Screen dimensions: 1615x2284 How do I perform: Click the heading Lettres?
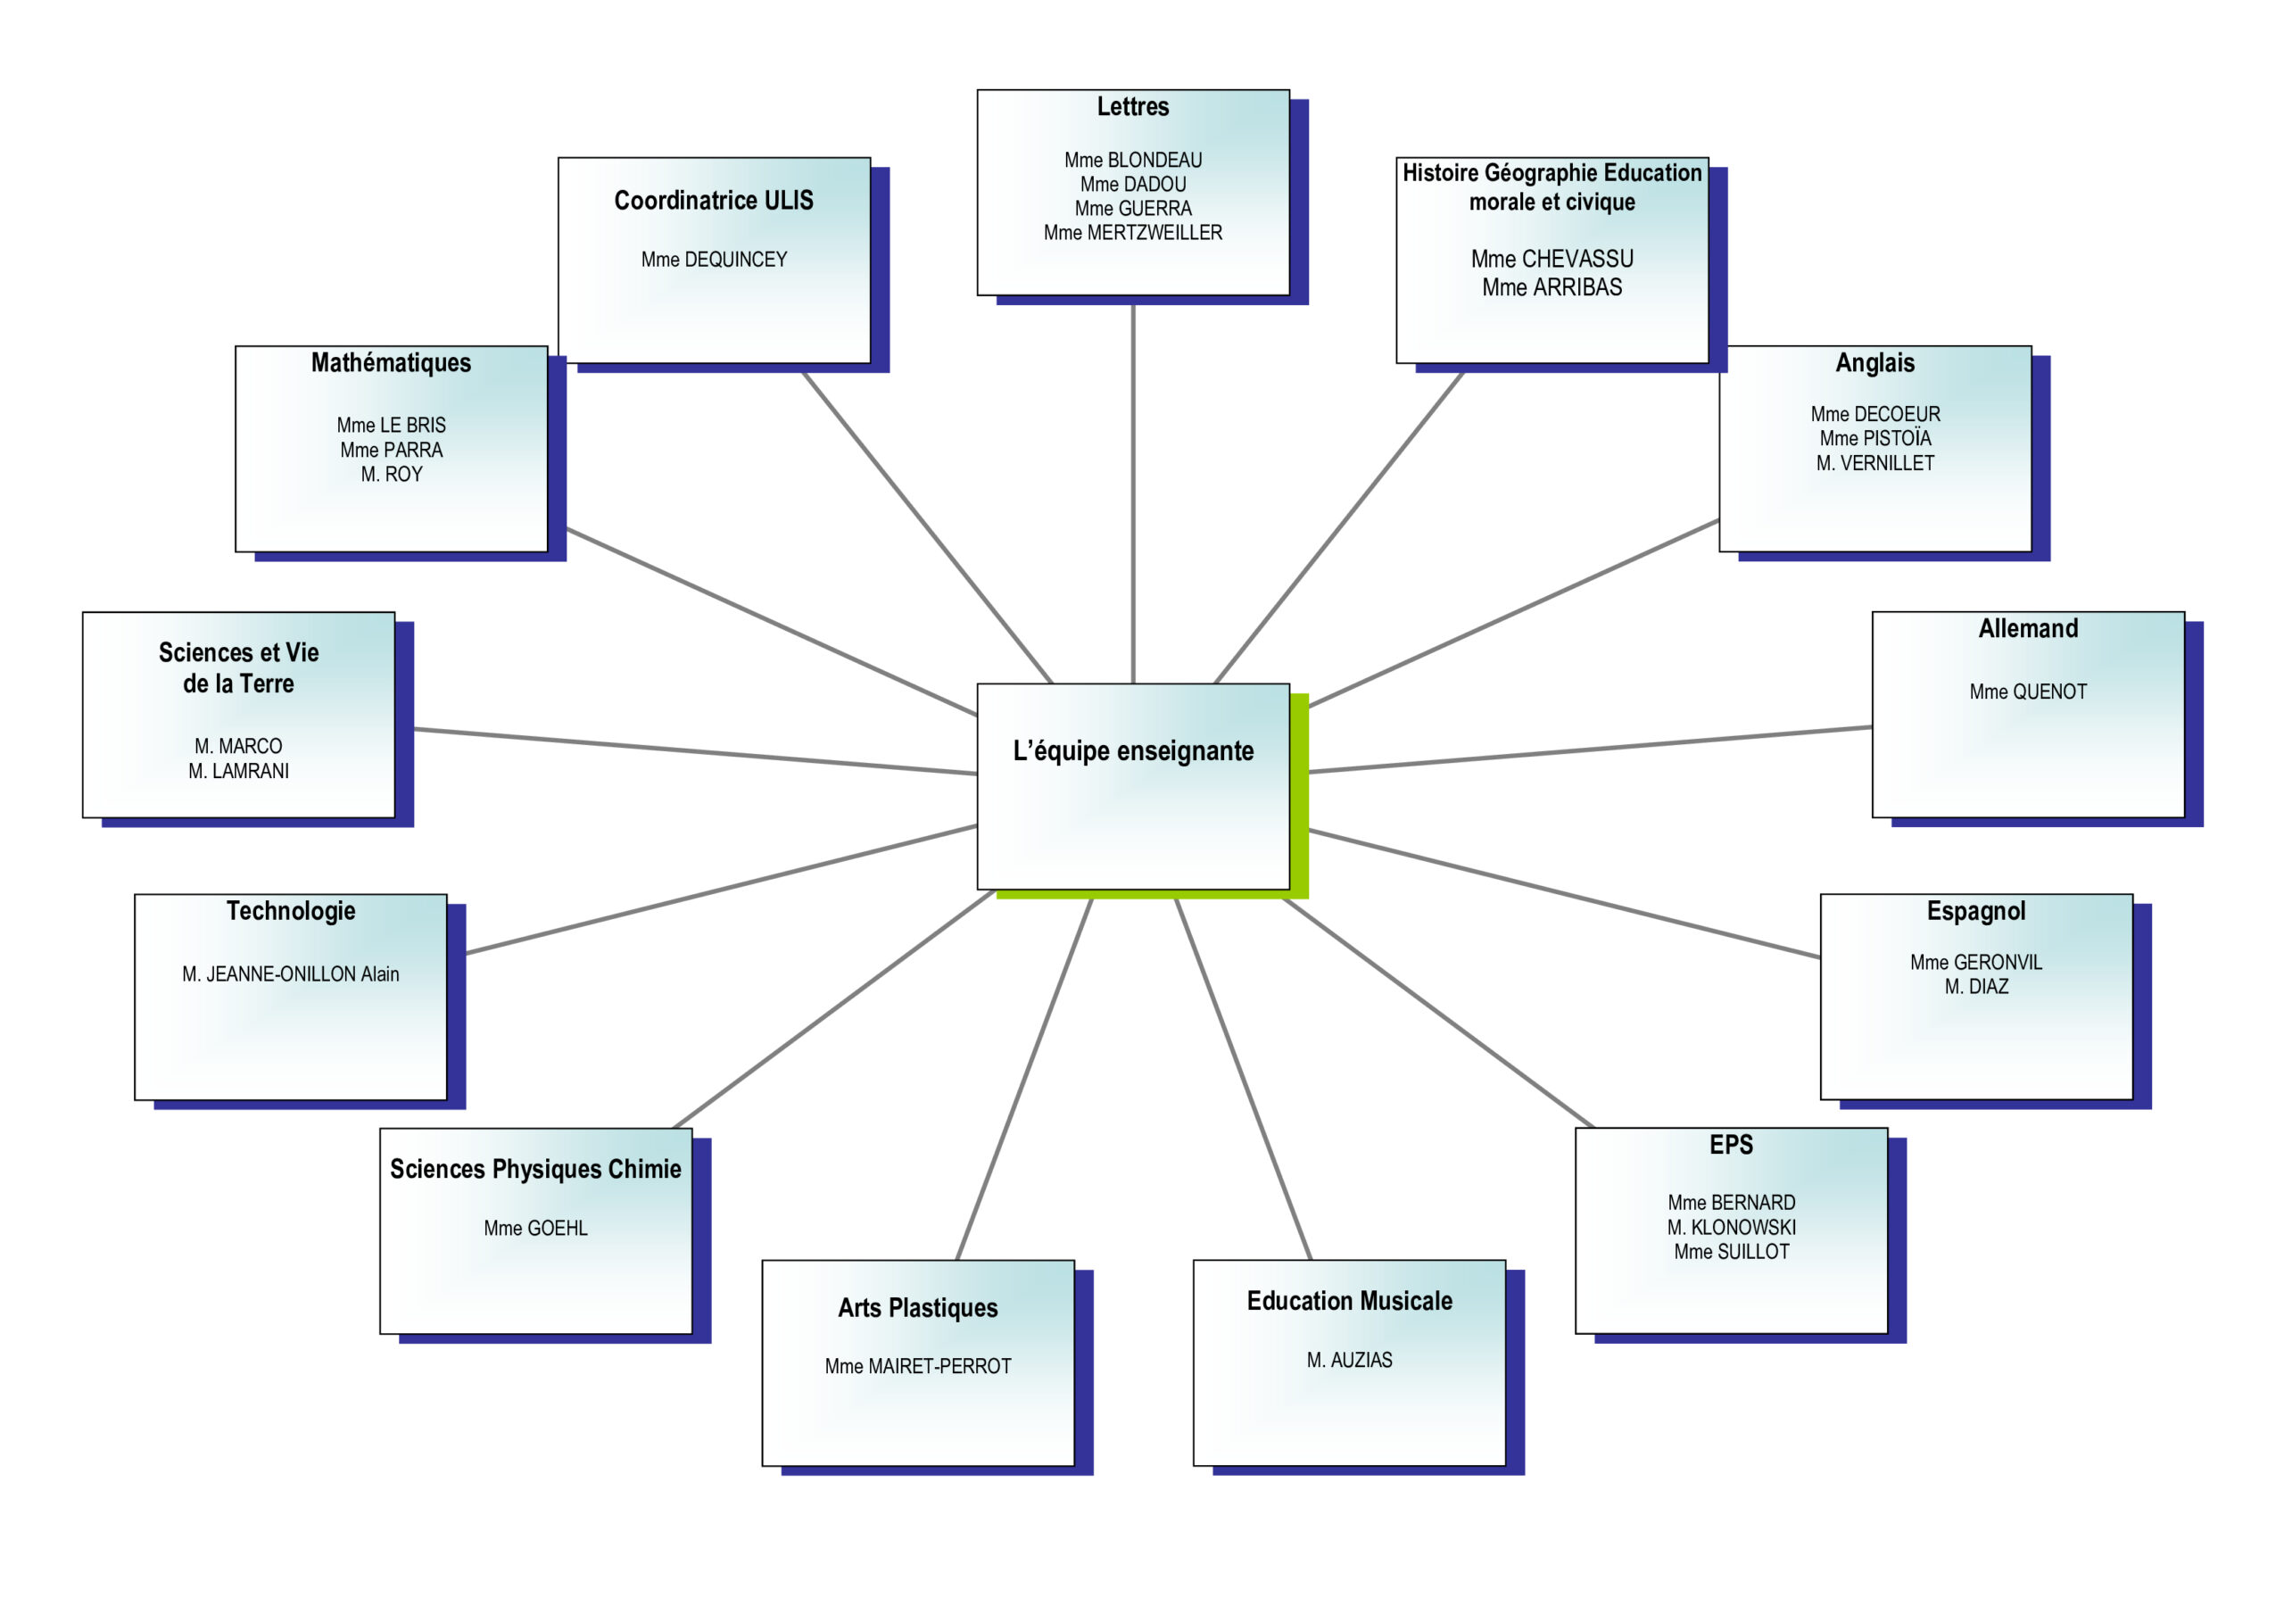[x=1132, y=106]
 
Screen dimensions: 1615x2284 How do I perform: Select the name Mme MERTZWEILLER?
[x=1132, y=233]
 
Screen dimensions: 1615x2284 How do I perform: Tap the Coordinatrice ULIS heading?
[x=713, y=201]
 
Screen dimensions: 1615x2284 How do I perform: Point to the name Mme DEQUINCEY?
[x=713, y=260]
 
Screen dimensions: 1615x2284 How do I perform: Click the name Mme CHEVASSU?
[x=1551, y=259]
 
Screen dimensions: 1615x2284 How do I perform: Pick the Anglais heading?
[x=1874, y=363]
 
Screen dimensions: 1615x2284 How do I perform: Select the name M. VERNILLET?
[x=1874, y=463]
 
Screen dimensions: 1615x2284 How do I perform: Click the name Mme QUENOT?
[x=2027, y=692]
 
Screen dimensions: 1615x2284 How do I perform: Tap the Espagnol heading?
[x=1975, y=912]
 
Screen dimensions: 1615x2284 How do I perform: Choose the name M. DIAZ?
[x=1975, y=986]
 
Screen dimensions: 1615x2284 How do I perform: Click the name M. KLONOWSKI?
[x=1731, y=1227]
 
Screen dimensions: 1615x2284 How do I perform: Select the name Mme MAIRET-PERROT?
[x=917, y=1366]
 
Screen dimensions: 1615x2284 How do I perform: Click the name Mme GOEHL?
[x=535, y=1228]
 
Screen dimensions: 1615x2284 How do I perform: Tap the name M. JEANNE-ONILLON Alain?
[x=291, y=974]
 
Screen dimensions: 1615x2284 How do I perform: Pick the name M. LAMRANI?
[x=239, y=771]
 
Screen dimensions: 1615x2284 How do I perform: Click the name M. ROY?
[x=391, y=475]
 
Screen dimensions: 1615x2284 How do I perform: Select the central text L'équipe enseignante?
[x=1132, y=751]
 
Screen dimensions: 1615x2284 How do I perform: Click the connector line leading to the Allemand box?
[x=1592, y=750]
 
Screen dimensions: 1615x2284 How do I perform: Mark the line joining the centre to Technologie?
[x=721, y=889]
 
